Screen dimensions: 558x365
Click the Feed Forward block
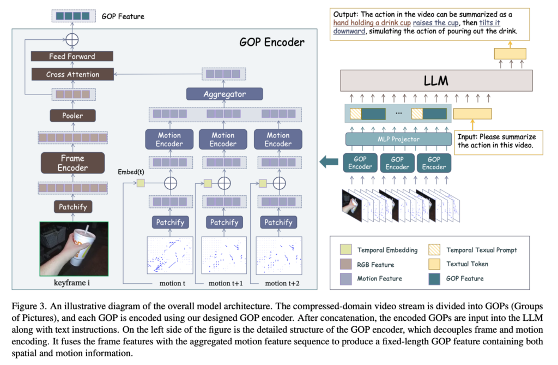pyautogui.click(x=72, y=56)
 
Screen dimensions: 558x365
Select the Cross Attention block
pyautogui.click(x=72, y=74)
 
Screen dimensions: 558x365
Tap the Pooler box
pyautogui.click(x=72, y=116)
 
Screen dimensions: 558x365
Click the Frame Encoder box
pyautogui.click(x=72, y=163)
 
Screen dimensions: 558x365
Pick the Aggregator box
pyautogui.click(x=225, y=94)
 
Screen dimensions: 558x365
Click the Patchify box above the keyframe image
pyautogui.click(x=73, y=207)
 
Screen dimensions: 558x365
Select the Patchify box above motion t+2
pyautogui.click(x=278, y=223)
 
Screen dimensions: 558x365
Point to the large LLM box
pyautogui.click(x=436, y=81)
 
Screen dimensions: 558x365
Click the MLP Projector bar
pyautogui.click(x=398, y=139)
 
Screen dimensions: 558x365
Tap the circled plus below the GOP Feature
pyautogui.click(x=72, y=40)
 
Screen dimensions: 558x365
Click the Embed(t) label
pyautogui.click(x=131, y=172)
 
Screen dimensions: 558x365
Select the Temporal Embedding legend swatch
pyautogui.click(x=346, y=249)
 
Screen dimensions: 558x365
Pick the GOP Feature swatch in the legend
pyautogui.click(x=434, y=279)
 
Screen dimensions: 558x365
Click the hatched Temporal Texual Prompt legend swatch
pyautogui.click(x=434, y=249)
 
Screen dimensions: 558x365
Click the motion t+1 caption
pyautogui.click(x=226, y=283)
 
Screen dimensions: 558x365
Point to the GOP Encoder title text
pyautogui.click(x=272, y=42)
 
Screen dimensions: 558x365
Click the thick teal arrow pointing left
pyautogui.click(x=329, y=162)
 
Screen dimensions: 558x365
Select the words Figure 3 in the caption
pyautogui.click(x=29, y=306)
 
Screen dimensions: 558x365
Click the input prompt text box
pyautogui.click(x=498, y=142)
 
